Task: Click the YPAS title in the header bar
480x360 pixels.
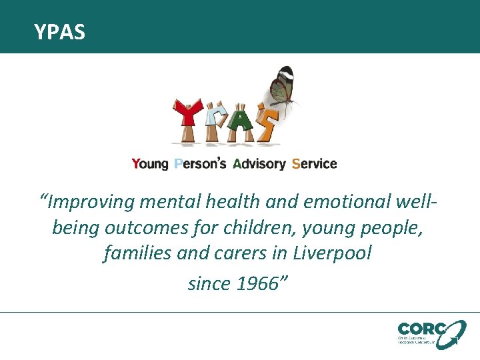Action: pyautogui.click(x=60, y=31)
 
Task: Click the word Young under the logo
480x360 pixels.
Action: pyautogui.click(x=150, y=164)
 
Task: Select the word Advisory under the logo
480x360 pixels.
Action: pyautogui.click(x=259, y=164)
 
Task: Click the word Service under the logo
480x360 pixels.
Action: pyautogui.click(x=314, y=164)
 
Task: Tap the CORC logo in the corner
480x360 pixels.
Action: pyautogui.click(x=431, y=334)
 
